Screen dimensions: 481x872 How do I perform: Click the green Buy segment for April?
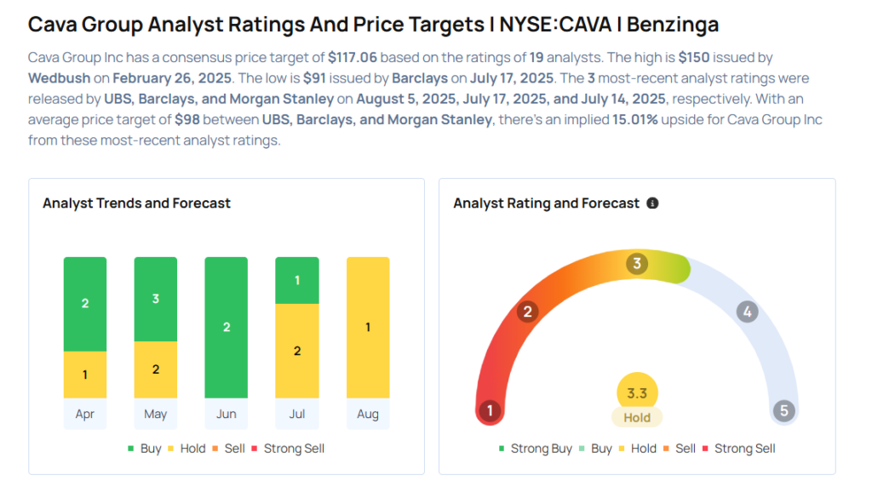point(85,304)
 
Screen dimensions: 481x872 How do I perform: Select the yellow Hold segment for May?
point(155,369)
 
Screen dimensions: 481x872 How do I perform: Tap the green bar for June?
point(226,328)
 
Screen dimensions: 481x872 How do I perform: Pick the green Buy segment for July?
point(296,280)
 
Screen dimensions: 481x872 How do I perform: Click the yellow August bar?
point(367,328)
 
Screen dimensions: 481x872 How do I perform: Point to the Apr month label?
point(85,415)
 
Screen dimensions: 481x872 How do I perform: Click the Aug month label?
point(367,415)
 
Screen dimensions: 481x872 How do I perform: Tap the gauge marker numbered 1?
point(490,411)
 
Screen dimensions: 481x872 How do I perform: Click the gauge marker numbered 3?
point(636,263)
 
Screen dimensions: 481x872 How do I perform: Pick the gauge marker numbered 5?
point(783,411)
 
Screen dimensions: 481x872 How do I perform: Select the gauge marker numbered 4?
point(747,312)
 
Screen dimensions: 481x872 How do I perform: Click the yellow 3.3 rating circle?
point(637,393)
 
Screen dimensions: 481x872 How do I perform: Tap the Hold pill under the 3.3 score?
point(637,418)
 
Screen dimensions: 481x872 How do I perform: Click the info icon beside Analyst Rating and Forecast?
point(652,203)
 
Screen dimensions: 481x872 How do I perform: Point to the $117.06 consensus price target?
point(353,58)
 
